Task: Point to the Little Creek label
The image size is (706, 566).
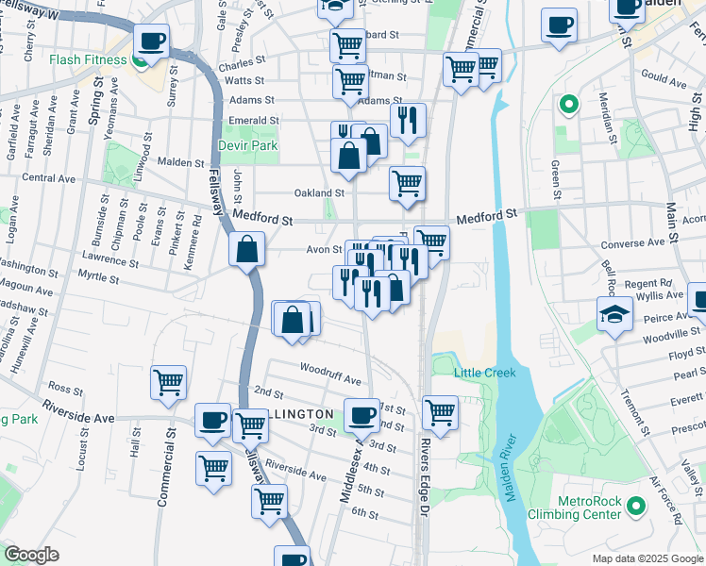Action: pyautogui.click(x=485, y=373)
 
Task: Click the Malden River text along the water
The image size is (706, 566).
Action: pyautogui.click(x=510, y=468)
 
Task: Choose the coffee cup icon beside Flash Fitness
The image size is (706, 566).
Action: pyautogui.click(x=151, y=41)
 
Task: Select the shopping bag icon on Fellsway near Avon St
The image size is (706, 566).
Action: pyautogui.click(x=246, y=250)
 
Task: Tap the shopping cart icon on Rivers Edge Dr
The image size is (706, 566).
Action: pyautogui.click(x=440, y=410)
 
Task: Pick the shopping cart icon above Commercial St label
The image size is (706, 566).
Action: pyautogui.click(x=168, y=383)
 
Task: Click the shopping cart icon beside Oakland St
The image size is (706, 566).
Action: pyautogui.click(x=407, y=183)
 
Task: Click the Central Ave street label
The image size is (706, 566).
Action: pyautogui.click(x=48, y=177)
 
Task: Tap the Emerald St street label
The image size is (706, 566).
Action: pyautogui.click(x=254, y=121)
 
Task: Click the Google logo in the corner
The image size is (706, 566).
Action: pyautogui.click(x=32, y=555)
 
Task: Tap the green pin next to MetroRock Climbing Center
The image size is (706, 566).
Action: pyautogui.click(x=636, y=508)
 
